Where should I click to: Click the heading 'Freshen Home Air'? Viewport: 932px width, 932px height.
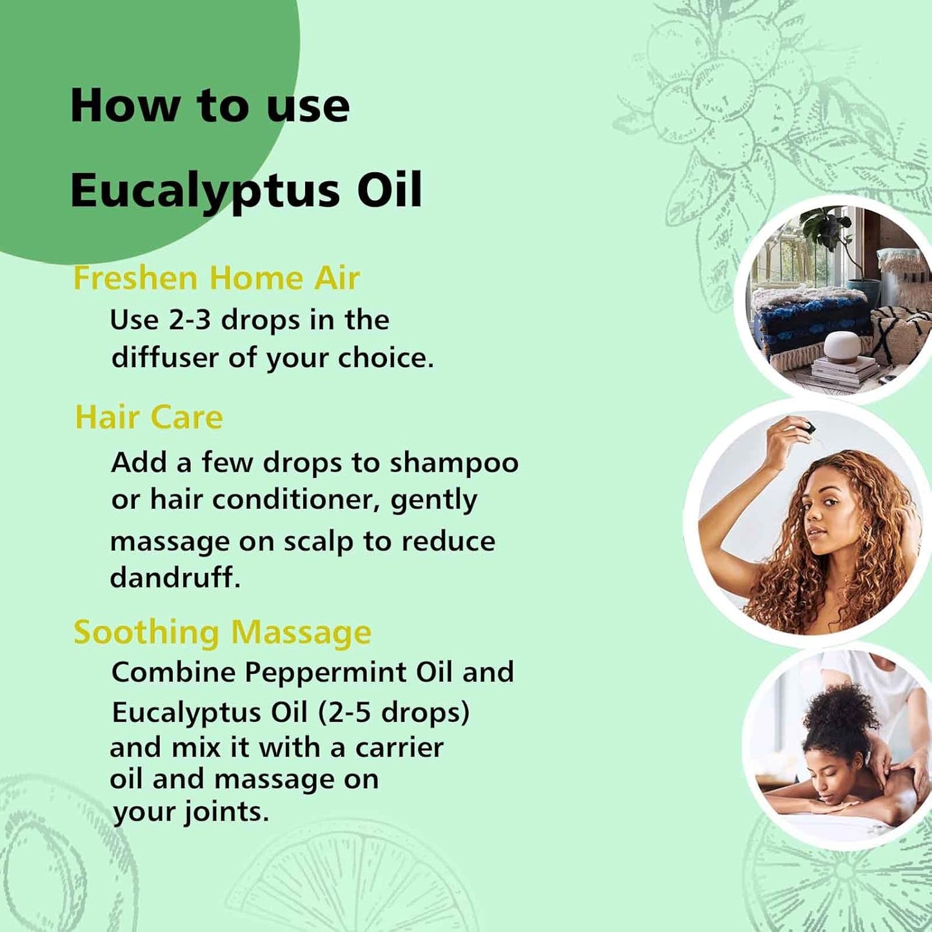tap(216, 279)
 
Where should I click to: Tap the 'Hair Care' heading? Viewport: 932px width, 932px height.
tap(149, 417)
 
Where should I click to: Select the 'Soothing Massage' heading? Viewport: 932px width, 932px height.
tap(223, 632)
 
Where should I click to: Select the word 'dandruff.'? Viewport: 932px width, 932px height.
tap(175, 577)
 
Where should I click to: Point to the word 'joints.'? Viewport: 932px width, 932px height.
tap(226, 811)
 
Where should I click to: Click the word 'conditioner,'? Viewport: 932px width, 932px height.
tap(296, 500)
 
